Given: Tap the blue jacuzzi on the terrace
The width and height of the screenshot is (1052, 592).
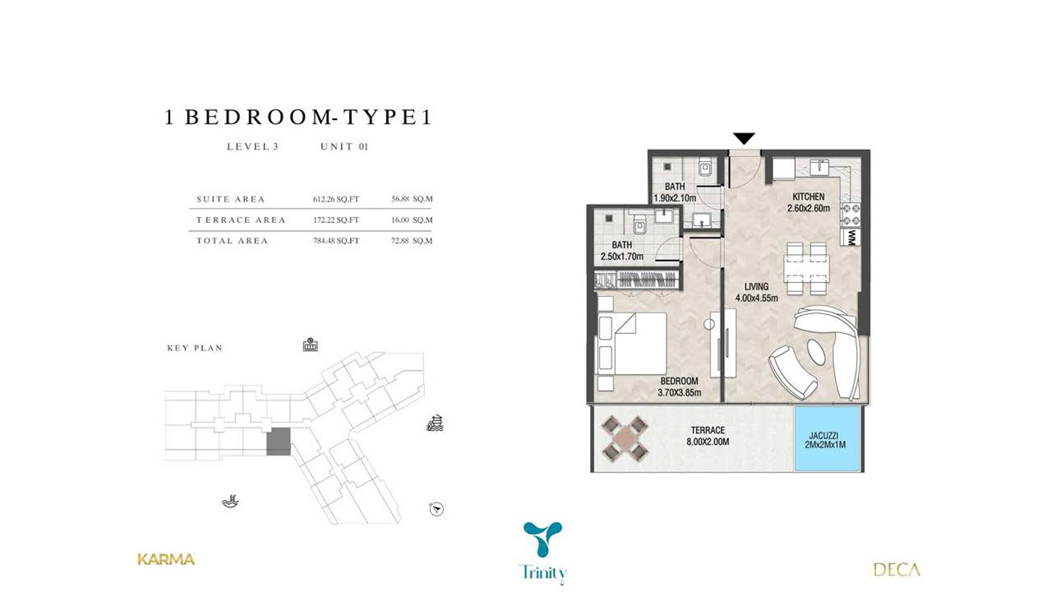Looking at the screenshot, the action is [827, 439].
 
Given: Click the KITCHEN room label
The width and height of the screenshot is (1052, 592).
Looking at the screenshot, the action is [808, 196].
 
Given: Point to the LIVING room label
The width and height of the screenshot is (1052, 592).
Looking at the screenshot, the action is [756, 286].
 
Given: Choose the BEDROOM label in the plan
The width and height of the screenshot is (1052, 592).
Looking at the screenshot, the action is [679, 381].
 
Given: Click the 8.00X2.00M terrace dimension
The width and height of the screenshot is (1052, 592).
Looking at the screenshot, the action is [708, 442].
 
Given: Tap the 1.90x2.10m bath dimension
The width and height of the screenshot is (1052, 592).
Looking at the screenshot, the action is [675, 198].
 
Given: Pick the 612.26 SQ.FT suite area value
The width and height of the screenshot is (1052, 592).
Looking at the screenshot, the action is [336, 199].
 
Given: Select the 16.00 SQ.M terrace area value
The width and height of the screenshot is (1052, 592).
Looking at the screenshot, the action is [412, 220].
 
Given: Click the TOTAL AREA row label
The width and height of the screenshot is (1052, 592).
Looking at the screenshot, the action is [232, 240].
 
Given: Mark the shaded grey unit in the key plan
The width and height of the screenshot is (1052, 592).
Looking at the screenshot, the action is [279, 442].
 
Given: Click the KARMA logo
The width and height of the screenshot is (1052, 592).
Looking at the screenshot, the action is [166, 559].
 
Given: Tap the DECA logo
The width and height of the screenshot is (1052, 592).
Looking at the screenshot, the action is [896, 570].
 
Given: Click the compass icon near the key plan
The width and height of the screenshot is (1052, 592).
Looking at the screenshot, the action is [436, 509].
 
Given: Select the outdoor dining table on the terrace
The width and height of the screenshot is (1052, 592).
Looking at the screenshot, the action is [625, 439].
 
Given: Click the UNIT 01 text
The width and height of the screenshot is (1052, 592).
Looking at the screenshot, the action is [344, 147].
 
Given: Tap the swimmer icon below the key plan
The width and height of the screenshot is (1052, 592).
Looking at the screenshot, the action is [230, 502].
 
